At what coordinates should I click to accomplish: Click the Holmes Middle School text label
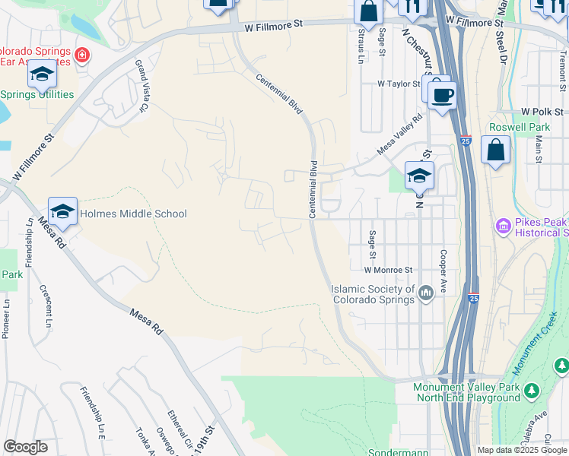pos(132,214)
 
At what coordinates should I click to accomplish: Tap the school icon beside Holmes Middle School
pos(63,211)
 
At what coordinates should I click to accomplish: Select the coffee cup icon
pos(442,96)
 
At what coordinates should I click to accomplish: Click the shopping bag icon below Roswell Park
pos(496,151)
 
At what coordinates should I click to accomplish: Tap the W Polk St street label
pos(541,111)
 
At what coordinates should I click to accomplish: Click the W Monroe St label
pos(388,270)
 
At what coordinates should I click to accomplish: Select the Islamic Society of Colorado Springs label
pos(374,293)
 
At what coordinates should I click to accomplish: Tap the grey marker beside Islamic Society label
pos(426,291)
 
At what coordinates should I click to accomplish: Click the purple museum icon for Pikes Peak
pos(502,226)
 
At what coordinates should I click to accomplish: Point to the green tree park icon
pos(532,391)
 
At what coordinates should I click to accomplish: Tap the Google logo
pos(25,447)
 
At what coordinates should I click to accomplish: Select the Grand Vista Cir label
pos(141,86)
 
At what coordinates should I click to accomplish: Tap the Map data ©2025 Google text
pos(521,450)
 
